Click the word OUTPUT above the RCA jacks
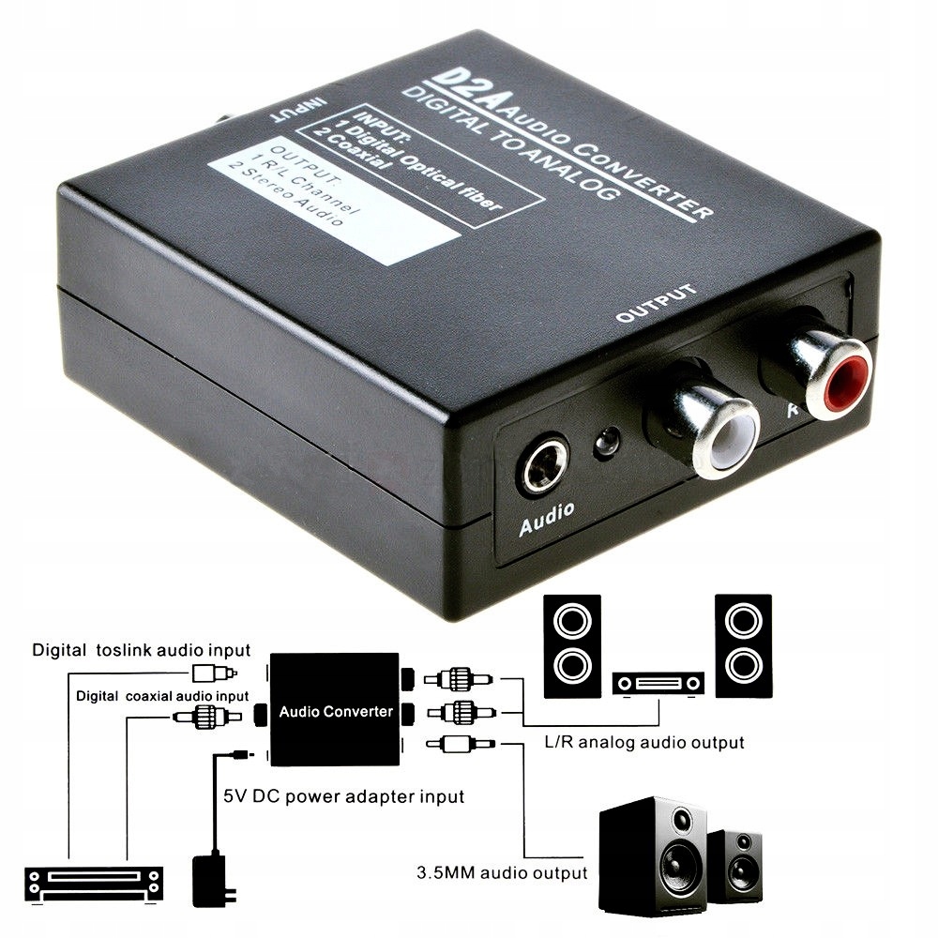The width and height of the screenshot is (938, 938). [657, 303]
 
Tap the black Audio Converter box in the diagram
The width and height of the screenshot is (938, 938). [336, 709]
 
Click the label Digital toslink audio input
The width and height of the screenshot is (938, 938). [141, 649]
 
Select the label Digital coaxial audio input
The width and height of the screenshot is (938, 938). [162, 696]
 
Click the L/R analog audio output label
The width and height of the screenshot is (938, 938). [643, 742]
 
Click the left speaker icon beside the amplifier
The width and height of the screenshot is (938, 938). [571, 645]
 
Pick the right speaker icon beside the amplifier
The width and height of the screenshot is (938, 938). [743, 644]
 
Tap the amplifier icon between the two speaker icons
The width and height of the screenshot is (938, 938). [657, 684]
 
